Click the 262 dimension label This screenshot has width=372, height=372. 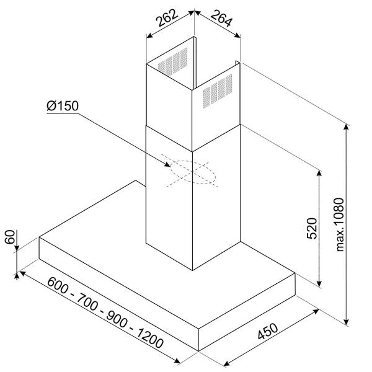[x=167, y=17]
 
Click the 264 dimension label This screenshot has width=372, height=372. [x=221, y=18]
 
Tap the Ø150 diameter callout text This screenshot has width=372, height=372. [x=63, y=106]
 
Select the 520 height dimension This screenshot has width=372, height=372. [x=312, y=228]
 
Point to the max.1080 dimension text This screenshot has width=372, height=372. [x=340, y=224]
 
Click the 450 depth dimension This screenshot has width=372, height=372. [x=268, y=331]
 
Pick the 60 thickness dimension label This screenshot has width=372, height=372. [x=10, y=237]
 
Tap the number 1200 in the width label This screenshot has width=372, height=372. [x=150, y=338]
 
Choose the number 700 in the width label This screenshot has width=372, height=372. [x=87, y=302]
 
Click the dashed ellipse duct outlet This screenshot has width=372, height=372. [x=193, y=172]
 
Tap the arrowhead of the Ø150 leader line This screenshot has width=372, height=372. [x=167, y=165]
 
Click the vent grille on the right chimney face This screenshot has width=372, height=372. [x=218, y=91]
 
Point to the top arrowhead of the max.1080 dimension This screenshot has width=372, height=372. [x=347, y=126]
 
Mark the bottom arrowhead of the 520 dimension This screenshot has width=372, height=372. [x=319, y=283]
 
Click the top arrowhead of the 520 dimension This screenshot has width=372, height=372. [x=319, y=174]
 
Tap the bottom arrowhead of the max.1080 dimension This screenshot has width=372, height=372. [x=347, y=322]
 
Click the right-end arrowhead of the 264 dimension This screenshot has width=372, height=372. [x=237, y=35]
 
